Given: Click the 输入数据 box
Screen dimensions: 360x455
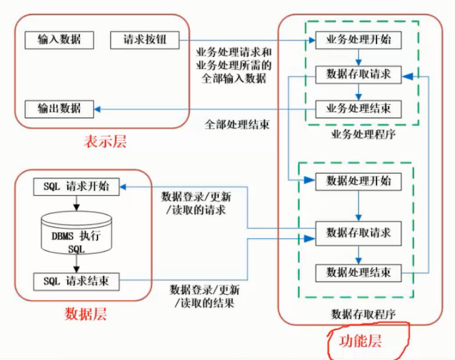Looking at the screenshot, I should click(x=58, y=39).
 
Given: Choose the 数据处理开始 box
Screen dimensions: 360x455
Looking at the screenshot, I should click(x=358, y=181).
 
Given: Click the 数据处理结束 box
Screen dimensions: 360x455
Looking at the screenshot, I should click(x=358, y=273).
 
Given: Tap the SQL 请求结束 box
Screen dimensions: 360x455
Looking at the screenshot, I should click(x=76, y=279).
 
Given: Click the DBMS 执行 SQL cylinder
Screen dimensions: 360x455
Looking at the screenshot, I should click(x=76, y=233).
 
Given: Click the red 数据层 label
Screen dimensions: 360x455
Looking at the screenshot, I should click(x=85, y=314).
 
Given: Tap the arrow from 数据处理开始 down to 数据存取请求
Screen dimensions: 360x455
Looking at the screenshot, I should click(x=358, y=206).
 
